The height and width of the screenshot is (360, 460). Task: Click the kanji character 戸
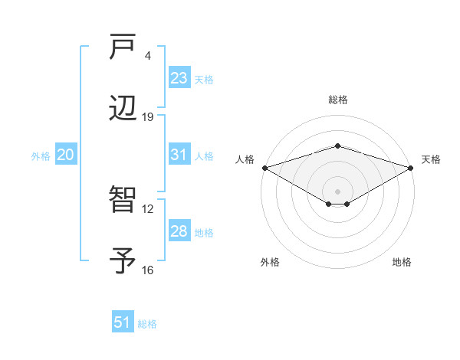click(123, 47)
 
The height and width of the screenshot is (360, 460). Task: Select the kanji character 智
click(123, 201)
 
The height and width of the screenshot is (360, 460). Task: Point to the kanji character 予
click(123, 261)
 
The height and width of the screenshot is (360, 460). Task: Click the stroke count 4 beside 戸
click(148, 56)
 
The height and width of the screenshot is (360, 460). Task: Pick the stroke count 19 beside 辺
click(148, 117)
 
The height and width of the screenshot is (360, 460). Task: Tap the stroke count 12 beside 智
click(148, 208)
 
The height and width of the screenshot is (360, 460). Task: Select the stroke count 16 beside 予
click(148, 270)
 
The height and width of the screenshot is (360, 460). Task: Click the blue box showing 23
click(179, 78)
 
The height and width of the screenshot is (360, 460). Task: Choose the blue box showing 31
click(179, 155)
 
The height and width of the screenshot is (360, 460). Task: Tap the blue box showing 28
click(179, 231)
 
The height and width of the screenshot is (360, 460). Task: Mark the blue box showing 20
click(65, 155)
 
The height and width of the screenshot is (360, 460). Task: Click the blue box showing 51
click(123, 322)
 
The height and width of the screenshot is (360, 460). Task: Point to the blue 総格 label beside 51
click(147, 324)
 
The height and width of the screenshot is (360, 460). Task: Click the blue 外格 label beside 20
click(41, 156)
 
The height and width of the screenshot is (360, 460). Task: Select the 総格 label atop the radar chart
click(338, 100)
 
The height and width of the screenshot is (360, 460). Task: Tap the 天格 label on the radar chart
click(432, 159)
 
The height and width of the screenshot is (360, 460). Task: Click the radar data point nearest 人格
click(264, 168)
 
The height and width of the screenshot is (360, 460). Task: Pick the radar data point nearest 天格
click(411, 168)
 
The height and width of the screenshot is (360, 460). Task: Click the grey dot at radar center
click(338, 191)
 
